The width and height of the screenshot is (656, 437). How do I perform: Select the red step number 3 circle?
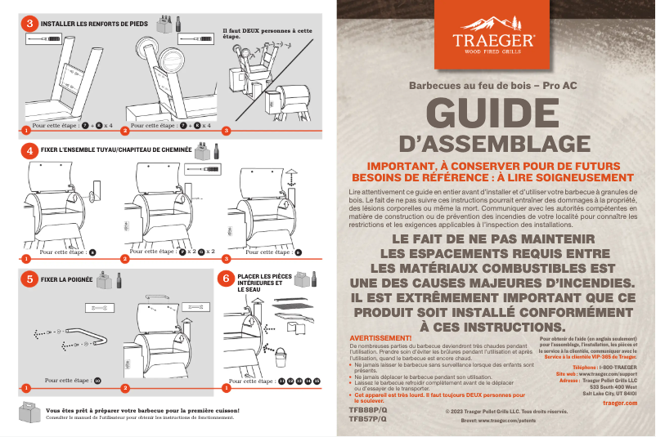tap(29, 24)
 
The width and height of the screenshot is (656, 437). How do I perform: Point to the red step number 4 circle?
tap(29, 150)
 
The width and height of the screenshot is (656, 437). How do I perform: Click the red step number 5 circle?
tap(29, 279)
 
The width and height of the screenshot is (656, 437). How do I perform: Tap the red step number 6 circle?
tap(227, 279)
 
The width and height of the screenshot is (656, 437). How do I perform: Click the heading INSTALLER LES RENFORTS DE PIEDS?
tap(94, 25)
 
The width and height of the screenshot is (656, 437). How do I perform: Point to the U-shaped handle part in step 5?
tap(88, 336)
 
